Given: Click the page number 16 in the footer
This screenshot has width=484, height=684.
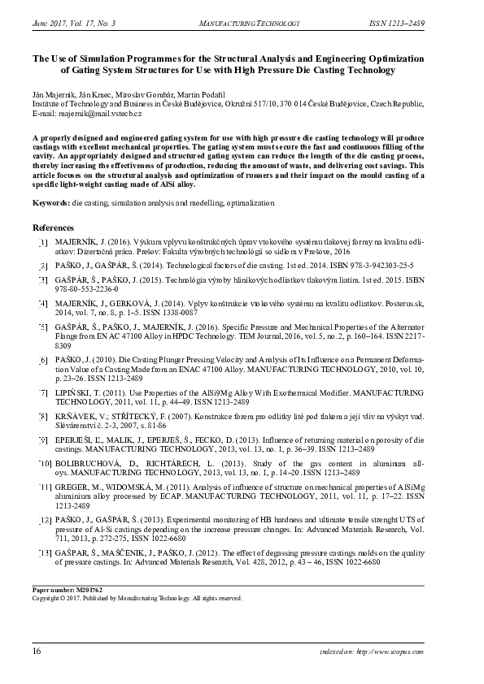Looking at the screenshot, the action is click(37, 652).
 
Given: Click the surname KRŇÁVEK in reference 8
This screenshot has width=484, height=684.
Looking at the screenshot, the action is click(76, 415).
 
